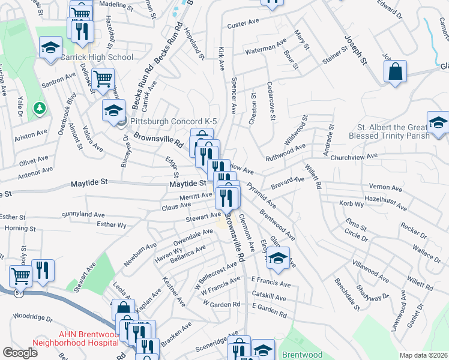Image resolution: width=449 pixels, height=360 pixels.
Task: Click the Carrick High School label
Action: [x=96, y=58]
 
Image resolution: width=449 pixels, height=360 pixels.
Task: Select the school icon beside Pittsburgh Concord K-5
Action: [x=113, y=111]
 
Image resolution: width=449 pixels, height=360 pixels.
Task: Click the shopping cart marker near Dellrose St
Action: [x=103, y=77]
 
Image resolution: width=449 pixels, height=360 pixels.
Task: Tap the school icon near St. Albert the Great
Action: [x=438, y=124]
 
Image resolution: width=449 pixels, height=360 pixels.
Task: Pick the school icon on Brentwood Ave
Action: [x=278, y=258]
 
